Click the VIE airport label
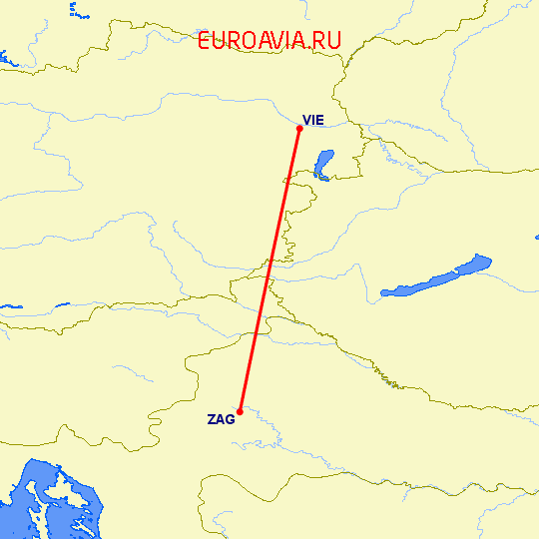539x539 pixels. coord(312,120)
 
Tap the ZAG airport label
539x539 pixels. coord(222,419)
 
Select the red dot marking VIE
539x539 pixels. coord(299,127)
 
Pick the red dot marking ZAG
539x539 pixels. coord(241,410)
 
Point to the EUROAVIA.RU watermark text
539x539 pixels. coord(269,41)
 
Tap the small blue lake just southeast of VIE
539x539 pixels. coord(323,163)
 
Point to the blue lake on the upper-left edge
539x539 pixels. coord(5,60)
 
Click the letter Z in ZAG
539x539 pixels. coord(212,419)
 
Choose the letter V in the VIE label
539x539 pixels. coord(306,120)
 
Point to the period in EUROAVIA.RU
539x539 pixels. coord(311,48)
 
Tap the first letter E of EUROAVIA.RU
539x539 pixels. coord(205,41)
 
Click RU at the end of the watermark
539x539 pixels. coord(328,41)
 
